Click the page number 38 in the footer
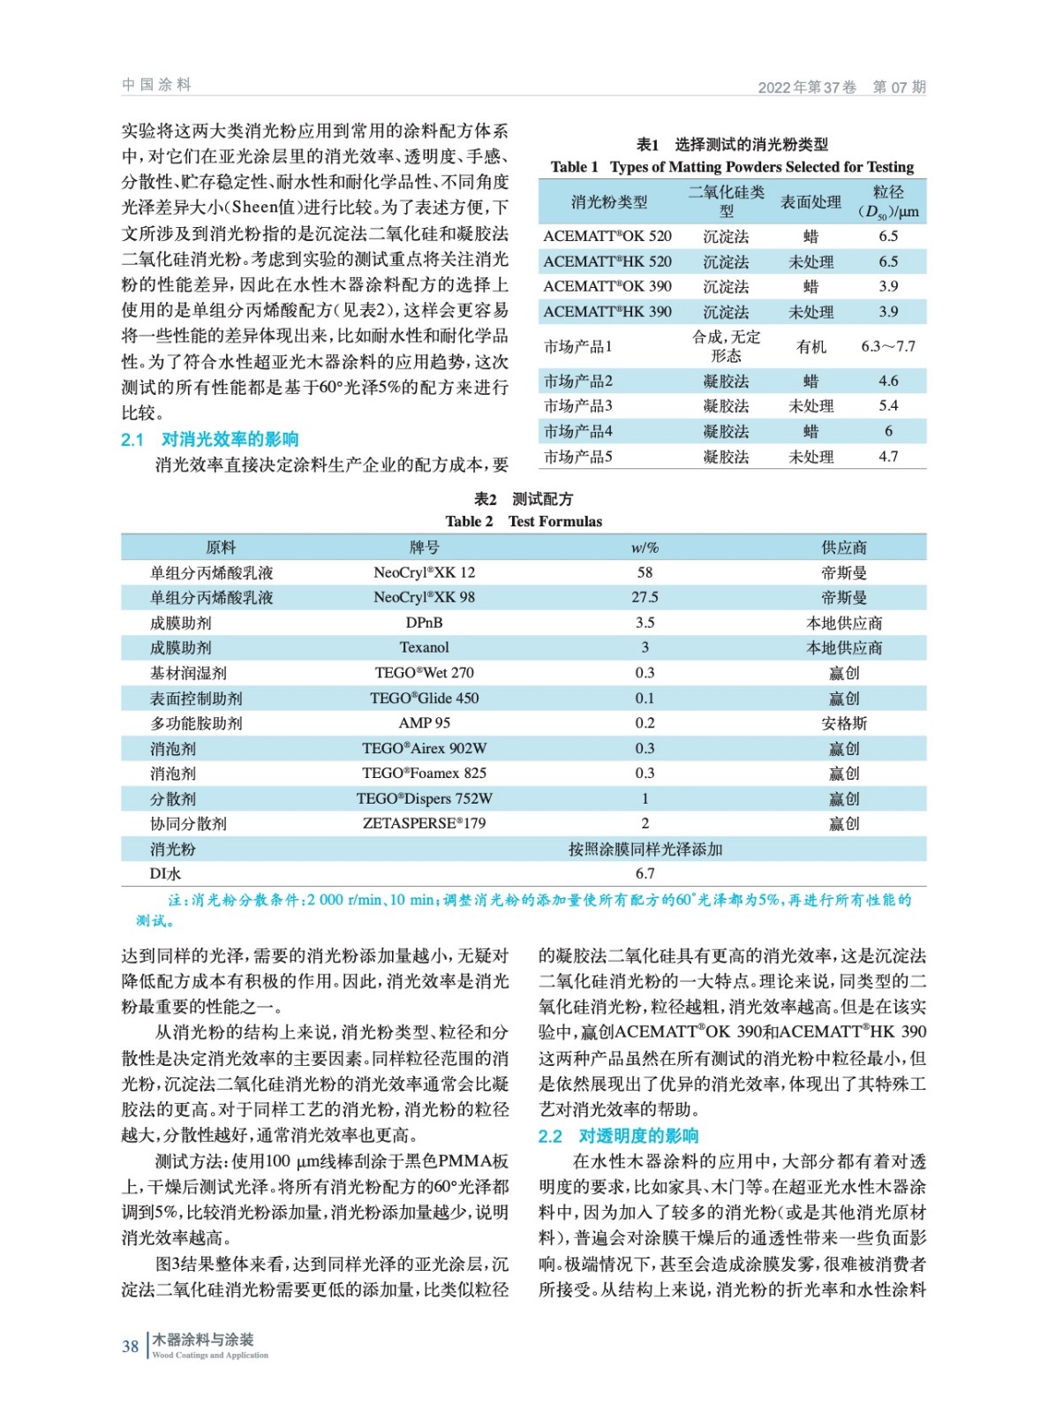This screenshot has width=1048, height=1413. [x=130, y=1346]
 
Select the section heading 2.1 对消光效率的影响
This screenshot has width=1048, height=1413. [x=209, y=439]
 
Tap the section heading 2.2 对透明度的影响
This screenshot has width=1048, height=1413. [x=618, y=1136]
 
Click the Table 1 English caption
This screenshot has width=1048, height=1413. [x=732, y=167]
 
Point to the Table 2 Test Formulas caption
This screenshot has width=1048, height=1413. [x=524, y=521]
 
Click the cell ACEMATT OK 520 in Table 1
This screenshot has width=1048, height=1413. [x=607, y=237]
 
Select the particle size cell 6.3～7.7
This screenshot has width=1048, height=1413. [x=887, y=346]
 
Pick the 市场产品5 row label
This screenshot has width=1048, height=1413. [x=578, y=457]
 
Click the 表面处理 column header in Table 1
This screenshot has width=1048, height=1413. [x=811, y=202]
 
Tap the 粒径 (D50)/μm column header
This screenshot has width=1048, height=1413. [x=887, y=202]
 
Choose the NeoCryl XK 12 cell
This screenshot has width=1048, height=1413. [x=424, y=572]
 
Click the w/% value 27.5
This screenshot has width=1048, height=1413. [x=645, y=597]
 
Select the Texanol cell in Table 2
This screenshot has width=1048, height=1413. [x=424, y=647]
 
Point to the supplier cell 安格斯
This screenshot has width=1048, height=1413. [x=844, y=723]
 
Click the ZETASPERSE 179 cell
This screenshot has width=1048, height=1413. [x=424, y=823]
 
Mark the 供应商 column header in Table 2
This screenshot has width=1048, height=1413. [x=844, y=548]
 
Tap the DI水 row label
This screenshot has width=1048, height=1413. [x=165, y=873]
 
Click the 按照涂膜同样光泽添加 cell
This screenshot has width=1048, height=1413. [x=645, y=849]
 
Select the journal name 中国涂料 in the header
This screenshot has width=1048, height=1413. [x=156, y=85]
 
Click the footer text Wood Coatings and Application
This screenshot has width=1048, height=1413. [x=210, y=1355]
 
